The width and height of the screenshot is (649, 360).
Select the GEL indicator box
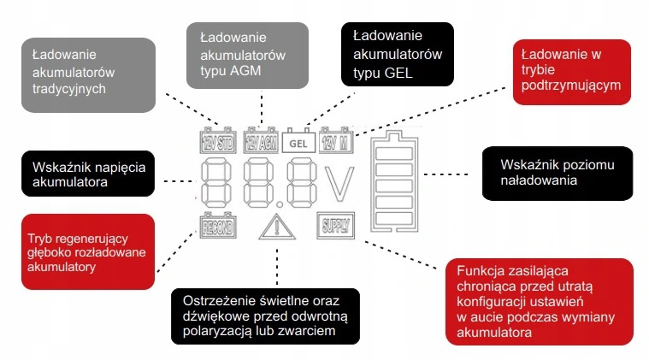(x=298, y=142)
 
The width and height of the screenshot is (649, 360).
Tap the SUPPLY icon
(x=334, y=226)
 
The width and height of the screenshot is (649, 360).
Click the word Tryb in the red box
(x=42, y=237)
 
